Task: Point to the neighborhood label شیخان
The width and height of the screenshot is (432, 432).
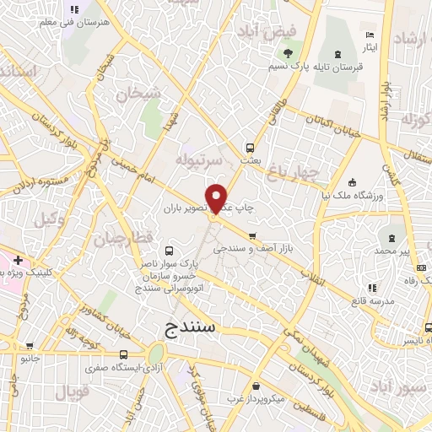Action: [x=138, y=95]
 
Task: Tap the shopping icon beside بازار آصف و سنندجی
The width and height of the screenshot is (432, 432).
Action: [x=251, y=235]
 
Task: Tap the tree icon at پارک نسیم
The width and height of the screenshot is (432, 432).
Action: [x=289, y=52]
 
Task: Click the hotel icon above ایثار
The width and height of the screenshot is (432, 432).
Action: [x=370, y=35]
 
